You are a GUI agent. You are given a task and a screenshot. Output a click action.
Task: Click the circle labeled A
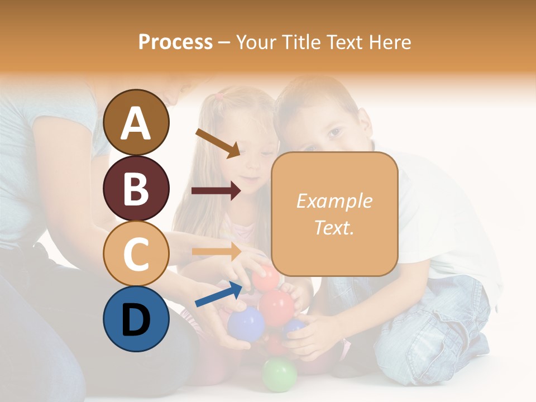point(136,122)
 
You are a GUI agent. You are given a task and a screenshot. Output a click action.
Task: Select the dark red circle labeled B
point(136,188)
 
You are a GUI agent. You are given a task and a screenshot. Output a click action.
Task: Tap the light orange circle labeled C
point(136,254)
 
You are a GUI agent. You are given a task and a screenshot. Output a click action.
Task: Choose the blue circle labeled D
point(136,319)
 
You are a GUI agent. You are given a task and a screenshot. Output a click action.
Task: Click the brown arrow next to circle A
point(218,143)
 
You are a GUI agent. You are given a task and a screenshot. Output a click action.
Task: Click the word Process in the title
point(175,42)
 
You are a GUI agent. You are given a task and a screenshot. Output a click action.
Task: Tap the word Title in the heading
point(303,42)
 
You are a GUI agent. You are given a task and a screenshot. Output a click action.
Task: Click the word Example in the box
point(334,201)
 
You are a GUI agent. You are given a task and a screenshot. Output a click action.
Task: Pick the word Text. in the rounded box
point(334,227)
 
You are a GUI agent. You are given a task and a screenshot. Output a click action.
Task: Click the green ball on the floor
point(279,375)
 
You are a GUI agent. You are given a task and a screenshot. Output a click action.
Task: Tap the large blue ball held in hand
point(246,323)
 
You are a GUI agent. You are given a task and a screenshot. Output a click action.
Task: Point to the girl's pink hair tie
point(220,96)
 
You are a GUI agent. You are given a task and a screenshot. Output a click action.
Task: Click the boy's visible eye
point(334,132)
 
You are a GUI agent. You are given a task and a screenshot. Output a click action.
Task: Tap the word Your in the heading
point(259,42)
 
